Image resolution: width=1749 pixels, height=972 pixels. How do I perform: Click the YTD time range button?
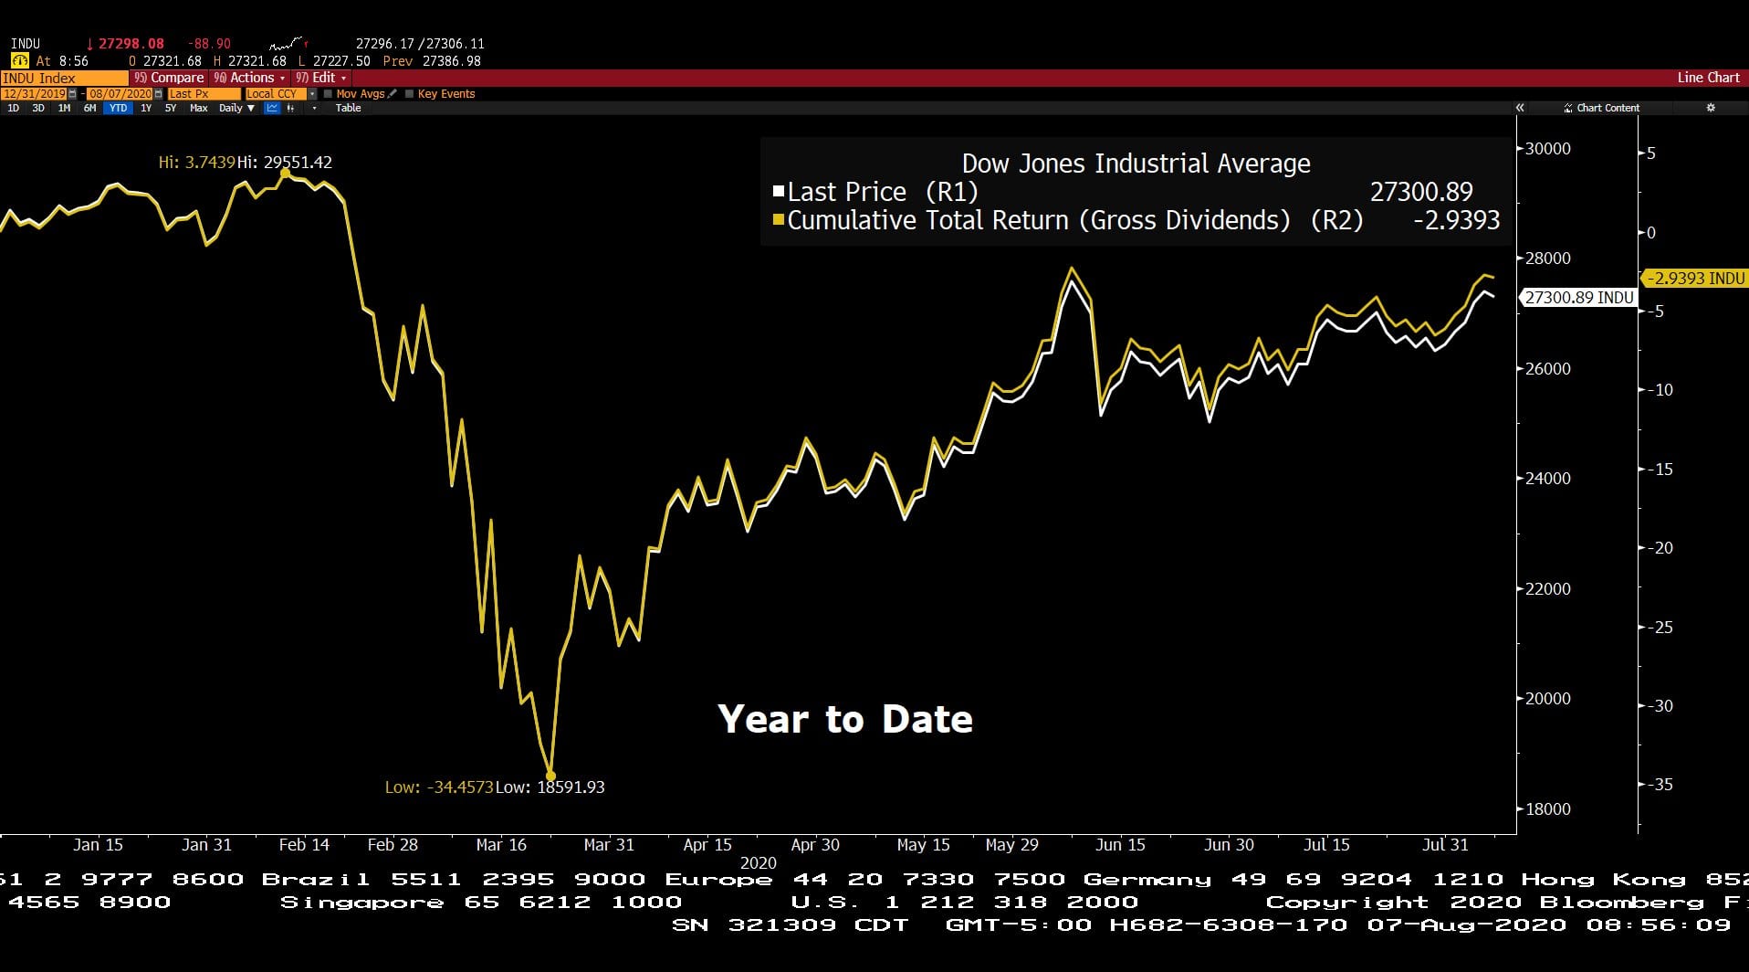pyautogui.click(x=118, y=108)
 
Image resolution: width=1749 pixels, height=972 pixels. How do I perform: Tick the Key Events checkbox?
pyautogui.click(x=410, y=94)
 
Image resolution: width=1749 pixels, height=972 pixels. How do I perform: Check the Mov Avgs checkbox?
pyautogui.click(x=329, y=94)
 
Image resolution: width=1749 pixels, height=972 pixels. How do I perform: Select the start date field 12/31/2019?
pyautogui.click(x=34, y=94)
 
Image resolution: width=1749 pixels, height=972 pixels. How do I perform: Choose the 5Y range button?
pyautogui.click(x=171, y=108)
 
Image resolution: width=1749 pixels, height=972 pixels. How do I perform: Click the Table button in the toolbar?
pyautogui.click(x=348, y=108)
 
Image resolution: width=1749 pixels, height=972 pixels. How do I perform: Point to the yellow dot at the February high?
pyautogui.click(x=285, y=173)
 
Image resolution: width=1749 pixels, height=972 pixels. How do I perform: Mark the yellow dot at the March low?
pyautogui.click(x=550, y=776)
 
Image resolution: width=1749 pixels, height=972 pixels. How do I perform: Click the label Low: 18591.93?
pyautogui.click(x=550, y=787)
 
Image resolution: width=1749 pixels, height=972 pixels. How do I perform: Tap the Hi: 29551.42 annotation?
pyautogui.click(x=285, y=163)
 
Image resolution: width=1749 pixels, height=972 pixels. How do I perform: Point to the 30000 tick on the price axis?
pyautogui.click(x=1548, y=149)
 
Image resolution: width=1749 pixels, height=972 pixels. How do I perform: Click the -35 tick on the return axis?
pyautogui.click(x=1662, y=785)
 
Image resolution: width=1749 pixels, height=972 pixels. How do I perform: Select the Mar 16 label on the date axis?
pyautogui.click(x=501, y=845)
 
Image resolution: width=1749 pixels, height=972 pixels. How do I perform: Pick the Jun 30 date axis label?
pyautogui.click(x=1229, y=845)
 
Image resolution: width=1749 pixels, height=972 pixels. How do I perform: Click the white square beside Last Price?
pyautogui.click(x=779, y=192)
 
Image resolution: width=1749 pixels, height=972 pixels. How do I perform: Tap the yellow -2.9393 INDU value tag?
pyautogui.click(x=1695, y=279)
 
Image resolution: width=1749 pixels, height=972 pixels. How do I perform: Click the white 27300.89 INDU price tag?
pyautogui.click(x=1578, y=298)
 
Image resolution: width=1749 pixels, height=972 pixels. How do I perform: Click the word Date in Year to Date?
pyautogui.click(x=927, y=720)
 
